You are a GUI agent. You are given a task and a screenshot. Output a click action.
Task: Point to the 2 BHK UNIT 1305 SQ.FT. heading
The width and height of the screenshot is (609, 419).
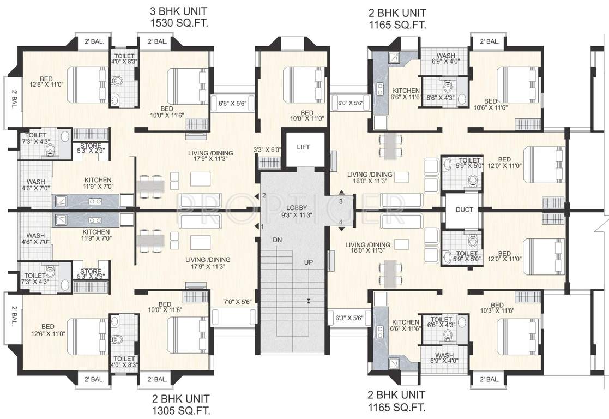(182, 404)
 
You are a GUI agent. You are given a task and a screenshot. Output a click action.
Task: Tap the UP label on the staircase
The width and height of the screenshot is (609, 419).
(309, 262)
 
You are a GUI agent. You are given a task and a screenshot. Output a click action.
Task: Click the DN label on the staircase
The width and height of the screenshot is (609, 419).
(278, 241)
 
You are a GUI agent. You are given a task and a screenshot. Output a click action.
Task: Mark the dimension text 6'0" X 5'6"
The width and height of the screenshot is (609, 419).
(350, 103)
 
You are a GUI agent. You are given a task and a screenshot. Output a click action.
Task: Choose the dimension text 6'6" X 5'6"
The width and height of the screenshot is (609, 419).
(233, 103)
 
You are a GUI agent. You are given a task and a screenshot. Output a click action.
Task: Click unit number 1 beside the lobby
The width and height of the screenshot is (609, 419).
(263, 226)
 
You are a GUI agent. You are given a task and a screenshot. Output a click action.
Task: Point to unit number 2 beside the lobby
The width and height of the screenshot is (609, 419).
(263, 195)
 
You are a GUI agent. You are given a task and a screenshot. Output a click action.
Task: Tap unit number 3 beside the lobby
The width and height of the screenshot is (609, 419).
(340, 202)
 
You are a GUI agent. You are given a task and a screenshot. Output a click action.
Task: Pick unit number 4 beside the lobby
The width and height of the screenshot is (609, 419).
(340, 222)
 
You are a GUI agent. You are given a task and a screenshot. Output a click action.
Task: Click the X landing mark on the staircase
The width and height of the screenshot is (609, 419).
(309, 300)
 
